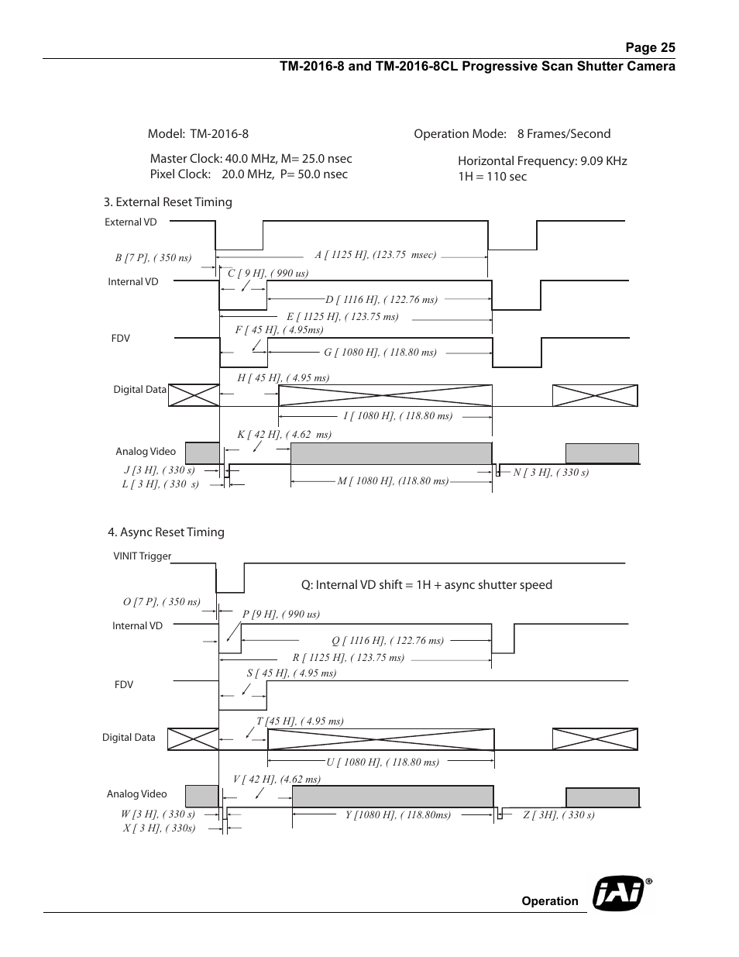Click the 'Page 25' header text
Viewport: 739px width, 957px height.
pyautogui.click(x=650, y=48)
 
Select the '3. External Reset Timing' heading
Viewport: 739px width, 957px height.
pyautogui.click(x=168, y=202)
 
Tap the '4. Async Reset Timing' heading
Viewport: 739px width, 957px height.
pyautogui.click(x=166, y=532)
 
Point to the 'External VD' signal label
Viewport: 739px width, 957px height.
pyautogui.click(x=130, y=222)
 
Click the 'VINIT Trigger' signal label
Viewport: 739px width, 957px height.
pyautogui.click(x=142, y=556)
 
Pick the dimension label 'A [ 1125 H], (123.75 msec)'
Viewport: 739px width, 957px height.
pyautogui.click(x=376, y=255)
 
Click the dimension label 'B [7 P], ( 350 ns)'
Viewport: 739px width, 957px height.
pyautogui.click(x=153, y=258)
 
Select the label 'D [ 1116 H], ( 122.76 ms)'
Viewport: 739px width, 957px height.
pyautogui.click(x=381, y=300)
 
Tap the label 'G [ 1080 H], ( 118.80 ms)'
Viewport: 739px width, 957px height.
pyautogui.click(x=380, y=353)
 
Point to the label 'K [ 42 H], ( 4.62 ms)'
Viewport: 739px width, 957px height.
pyautogui.click(x=284, y=435)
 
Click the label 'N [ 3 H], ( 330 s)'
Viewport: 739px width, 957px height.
pyautogui.click(x=551, y=473)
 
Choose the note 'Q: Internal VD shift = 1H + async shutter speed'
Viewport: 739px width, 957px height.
pyautogui.click(x=426, y=585)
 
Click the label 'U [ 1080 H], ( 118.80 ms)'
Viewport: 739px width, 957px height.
pyautogui.click(x=383, y=763)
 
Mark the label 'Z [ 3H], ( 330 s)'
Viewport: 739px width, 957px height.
pyautogui.click(x=559, y=815)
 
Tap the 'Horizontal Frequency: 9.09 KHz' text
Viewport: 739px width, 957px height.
pyautogui.click(x=542, y=161)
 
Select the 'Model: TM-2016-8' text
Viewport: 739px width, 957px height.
pyautogui.click(x=198, y=134)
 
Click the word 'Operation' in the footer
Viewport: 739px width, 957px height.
pyautogui.click(x=549, y=901)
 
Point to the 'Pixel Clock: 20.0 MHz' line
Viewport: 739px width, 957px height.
pyautogui.click(x=249, y=174)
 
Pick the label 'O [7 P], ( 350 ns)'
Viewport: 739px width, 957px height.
pyautogui.click(x=161, y=602)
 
